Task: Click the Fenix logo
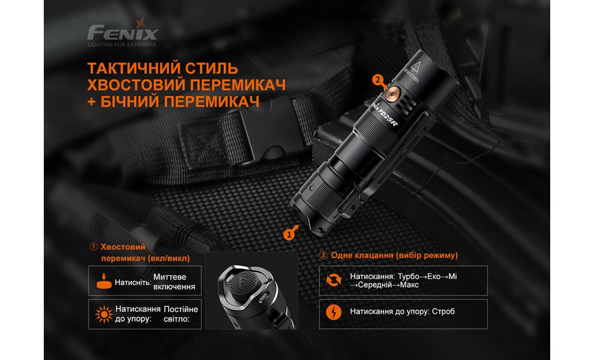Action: pyautogui.click(x=122, y=32)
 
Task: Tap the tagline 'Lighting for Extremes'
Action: pyautogui.click(x=122, y=44)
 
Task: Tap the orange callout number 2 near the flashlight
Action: pyautogui.click(x=377, y=79)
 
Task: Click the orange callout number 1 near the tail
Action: pyautogui.click(x=290, y=233)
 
